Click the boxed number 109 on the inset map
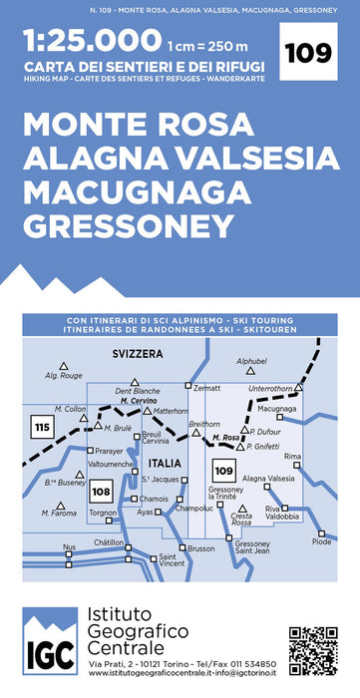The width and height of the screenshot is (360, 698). (x=223, y=470)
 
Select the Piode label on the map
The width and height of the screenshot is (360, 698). (x=321, y=541)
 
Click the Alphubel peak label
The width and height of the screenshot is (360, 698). (x=252, y=361)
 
